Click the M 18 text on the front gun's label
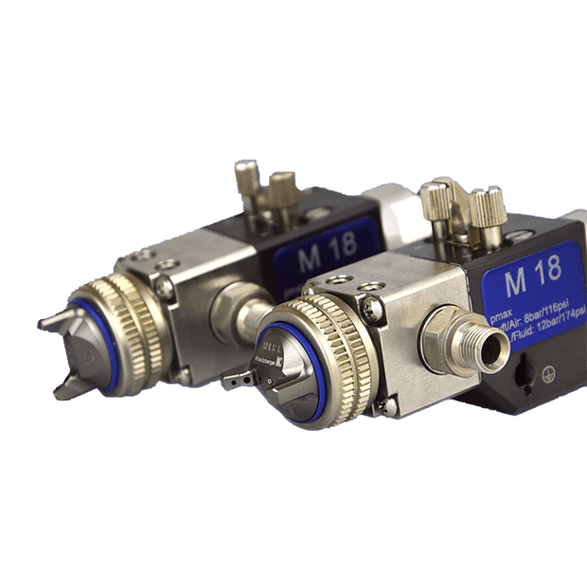(530, 281)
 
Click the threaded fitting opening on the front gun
(492, 355)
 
